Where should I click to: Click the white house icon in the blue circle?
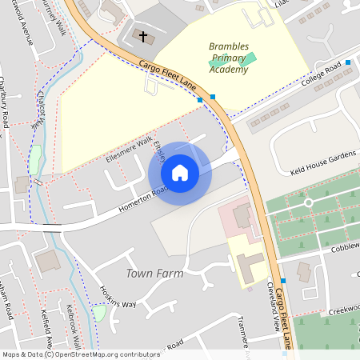pos(180,172)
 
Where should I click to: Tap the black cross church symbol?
pos(144,37)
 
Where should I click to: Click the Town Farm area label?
pos(154,274)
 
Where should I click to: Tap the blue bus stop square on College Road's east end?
pos(348,62)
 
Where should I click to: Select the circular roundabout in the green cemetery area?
pos(309,202)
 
